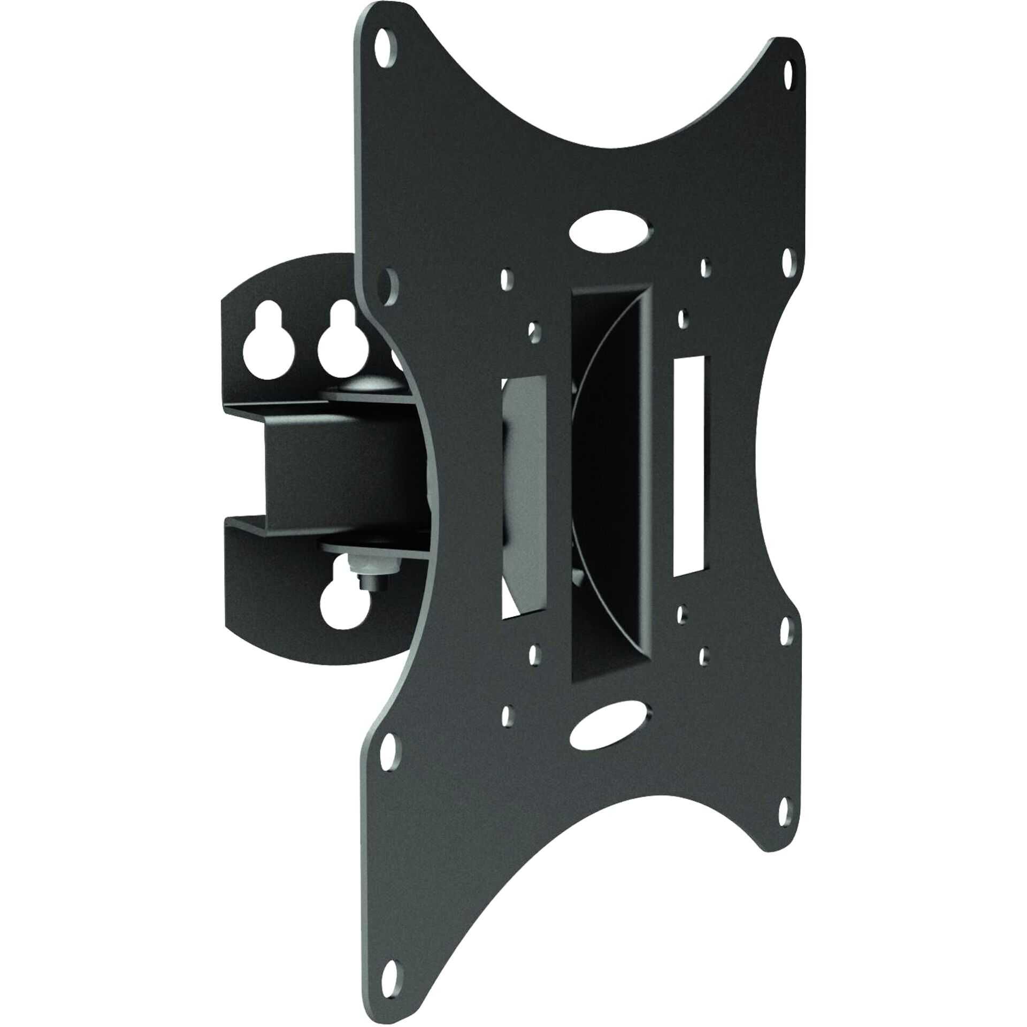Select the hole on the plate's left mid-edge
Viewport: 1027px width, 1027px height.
tap(388, 279)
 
